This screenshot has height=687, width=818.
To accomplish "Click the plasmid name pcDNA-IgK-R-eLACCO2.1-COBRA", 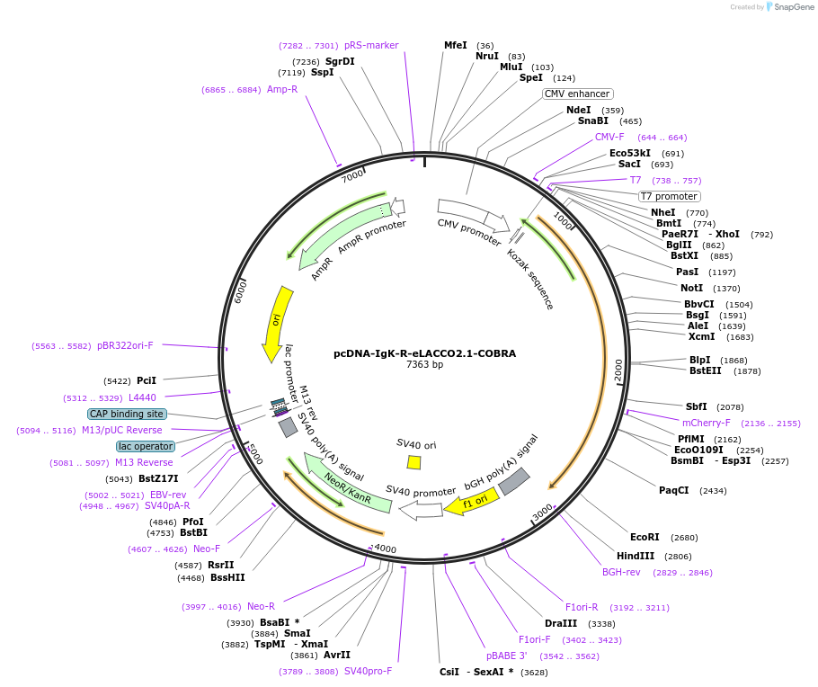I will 424,353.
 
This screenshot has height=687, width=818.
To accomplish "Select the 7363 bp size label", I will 424,365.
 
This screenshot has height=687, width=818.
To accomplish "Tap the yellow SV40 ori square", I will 413,462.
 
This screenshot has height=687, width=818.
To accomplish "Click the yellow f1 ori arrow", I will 471,502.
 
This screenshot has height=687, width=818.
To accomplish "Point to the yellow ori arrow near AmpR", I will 279,324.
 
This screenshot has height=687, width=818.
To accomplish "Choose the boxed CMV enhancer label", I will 577,94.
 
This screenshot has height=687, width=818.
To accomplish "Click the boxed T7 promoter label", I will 669,196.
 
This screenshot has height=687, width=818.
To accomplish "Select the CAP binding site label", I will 127,414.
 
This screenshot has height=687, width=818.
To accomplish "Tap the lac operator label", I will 146,446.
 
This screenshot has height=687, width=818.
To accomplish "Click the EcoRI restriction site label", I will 645,537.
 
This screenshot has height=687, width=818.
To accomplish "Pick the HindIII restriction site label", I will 636,556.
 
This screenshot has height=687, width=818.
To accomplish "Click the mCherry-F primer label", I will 707,423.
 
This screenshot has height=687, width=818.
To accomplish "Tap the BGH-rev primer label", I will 621,572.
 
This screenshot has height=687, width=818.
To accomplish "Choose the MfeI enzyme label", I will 456,45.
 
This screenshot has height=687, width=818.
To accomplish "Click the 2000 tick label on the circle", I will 618,370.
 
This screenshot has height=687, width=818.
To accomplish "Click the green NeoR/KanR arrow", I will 347,489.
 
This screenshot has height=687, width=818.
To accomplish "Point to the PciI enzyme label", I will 146,380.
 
